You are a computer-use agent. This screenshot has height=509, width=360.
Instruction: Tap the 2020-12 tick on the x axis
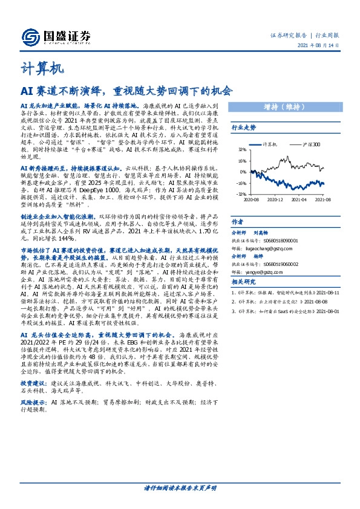pos(275,198)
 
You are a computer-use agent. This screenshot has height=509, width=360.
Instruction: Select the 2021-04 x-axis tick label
pos(299,198)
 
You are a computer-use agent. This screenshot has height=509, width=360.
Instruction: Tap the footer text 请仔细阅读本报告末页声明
pos(180,487)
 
